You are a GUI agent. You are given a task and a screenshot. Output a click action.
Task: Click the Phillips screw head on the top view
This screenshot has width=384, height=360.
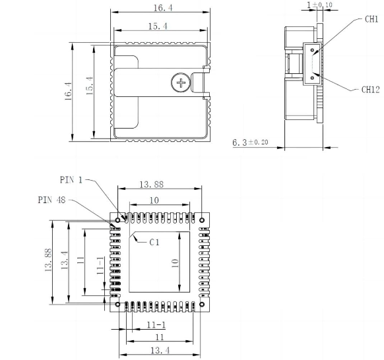[x=179, y=83]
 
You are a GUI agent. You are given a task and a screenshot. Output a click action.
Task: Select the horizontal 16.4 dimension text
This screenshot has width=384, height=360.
[x=160, y=7]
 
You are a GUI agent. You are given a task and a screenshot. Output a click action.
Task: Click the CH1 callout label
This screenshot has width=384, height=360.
[x=371, y=19]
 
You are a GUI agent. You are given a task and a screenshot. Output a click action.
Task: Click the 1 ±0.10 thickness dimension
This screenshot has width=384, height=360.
[x=319, y=6]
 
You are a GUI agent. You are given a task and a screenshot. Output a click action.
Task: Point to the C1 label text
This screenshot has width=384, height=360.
[x=154, y=243]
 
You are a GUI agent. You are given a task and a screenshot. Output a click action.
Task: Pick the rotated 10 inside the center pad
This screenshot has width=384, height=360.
[x=175, y=262]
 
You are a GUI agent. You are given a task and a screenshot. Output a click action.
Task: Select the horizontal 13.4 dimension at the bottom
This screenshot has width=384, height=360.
[x=158, y=350]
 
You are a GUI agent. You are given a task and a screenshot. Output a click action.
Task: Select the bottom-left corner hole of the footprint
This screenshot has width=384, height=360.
[x=118, y=304]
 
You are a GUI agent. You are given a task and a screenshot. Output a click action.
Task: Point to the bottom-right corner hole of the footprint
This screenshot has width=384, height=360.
[x=201, y=304]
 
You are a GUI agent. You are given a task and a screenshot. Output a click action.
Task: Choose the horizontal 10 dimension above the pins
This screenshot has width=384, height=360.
[x=154, y=200]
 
